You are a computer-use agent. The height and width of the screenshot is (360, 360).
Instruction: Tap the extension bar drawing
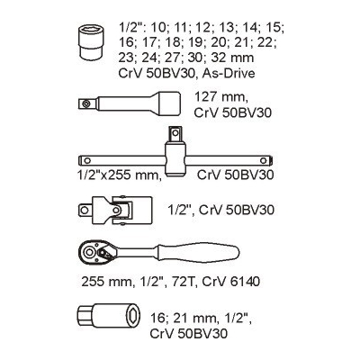click(x=130, y=103)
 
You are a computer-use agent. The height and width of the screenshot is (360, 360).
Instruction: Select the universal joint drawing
click(x=115, y=209)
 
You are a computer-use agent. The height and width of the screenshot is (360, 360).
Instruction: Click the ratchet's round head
click(x=89, y=252)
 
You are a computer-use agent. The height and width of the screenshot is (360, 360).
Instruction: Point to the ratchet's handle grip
click(x=198, y=250)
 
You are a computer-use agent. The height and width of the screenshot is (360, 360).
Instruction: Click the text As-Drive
click(x=229, y=73)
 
